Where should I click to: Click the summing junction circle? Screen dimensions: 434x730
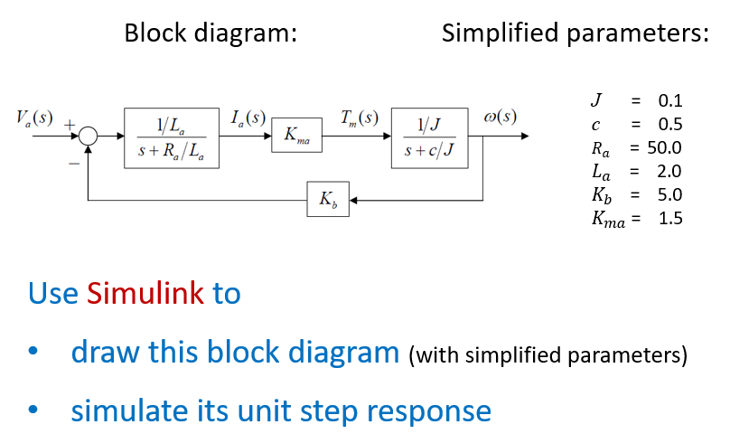coord(88,137)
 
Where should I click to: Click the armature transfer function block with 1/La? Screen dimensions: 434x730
coord(172,137)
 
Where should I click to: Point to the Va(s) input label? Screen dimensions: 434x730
coord(34,119)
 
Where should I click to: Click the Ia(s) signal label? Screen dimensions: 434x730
coord(248,118)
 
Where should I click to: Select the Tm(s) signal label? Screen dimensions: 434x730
coord(359,118)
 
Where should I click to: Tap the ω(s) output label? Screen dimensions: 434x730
coord(501,118)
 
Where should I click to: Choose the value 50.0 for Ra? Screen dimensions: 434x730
coord(662,147)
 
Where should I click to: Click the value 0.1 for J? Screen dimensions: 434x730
coord(669,100)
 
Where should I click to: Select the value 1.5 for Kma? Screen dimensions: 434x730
coord(670,218)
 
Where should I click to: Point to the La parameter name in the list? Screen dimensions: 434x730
coord(600,172)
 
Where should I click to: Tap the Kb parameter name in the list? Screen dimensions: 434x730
coord(602,194)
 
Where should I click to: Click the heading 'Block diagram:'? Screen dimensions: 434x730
coord(211,34)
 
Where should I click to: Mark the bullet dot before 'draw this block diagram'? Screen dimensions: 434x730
coord(33,354)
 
